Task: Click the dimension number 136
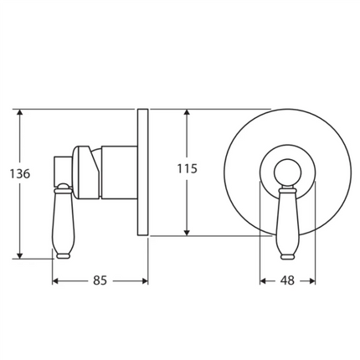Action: tap(20, 174)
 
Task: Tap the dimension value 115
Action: tap(188, 168)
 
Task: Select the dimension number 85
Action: tap(100, 280)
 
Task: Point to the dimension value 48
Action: tap(288, 280)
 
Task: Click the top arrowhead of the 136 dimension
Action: tap(19, 112)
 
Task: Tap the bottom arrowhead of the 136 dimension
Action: tap(19, 255)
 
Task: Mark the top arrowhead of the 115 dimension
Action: tap(187, 112)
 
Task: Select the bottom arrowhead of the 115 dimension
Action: tap(187, 232)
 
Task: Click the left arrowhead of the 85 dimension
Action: tap(56, 281)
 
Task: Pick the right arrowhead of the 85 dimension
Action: tap(145, 281)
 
